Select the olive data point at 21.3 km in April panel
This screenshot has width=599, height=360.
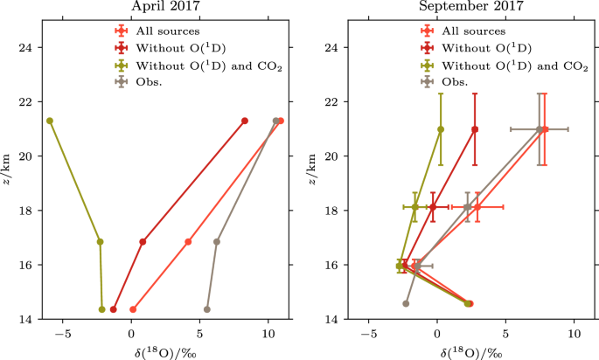pyautogui.click(x=50, y=121)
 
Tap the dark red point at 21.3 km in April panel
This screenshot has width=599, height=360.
pyautogui.click(x=245, y=121)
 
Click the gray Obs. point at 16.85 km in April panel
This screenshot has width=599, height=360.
pyautogui.click(x=217, y=242)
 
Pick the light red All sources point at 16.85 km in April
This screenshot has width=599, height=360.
pyautogui.click(x=188, y=242)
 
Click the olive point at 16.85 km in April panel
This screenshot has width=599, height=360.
pyautogui.click(x=100, y=242)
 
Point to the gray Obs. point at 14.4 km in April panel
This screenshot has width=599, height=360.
pyautogui.click(x=207, y=309)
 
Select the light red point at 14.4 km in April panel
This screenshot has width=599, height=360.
pyautogui.click(x=133, y=309)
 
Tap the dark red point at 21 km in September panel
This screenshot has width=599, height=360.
pyautogui.click(x=475, y=129)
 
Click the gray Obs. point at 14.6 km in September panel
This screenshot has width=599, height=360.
pyautogui.click(x=406, y=303)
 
